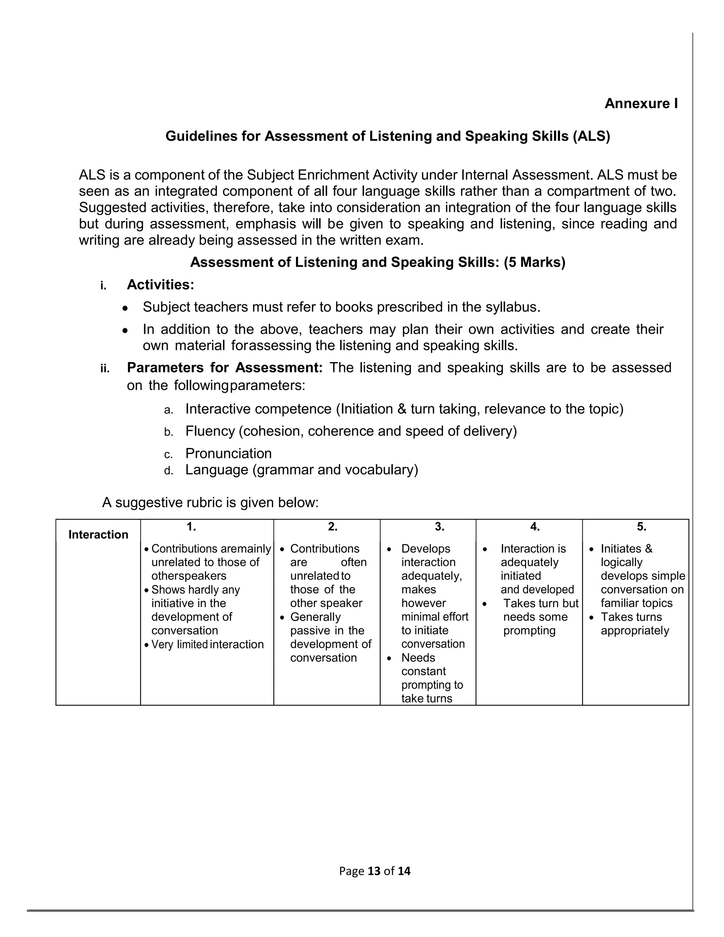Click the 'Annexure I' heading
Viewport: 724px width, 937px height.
[641, 103]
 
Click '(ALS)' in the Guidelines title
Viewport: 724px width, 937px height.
[591, 136]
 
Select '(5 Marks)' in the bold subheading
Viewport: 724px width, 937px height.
[535, 262]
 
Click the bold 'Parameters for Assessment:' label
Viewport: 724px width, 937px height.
[225, 368]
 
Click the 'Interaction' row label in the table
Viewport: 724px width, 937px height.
[98, 535]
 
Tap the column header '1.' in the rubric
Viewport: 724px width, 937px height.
[191, 527]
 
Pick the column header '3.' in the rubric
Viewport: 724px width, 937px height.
[439, 527]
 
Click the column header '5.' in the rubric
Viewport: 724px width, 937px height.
[641, 527]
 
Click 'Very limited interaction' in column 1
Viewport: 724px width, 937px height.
[207, 644]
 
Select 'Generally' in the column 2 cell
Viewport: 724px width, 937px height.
[315, 617]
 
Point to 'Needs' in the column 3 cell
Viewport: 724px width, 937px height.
[418, 658]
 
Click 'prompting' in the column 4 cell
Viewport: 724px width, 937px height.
[529, 631]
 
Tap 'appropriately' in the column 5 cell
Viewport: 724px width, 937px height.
[635, 631]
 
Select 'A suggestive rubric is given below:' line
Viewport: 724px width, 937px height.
[210, 502]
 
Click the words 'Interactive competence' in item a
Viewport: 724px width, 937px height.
[258, 409]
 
